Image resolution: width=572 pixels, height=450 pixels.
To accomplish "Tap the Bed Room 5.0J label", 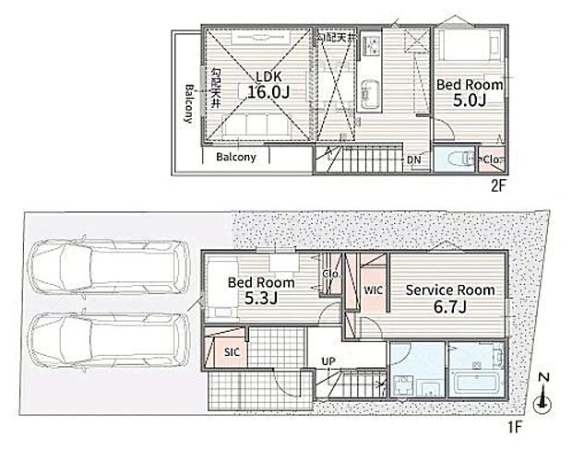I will point(469,92).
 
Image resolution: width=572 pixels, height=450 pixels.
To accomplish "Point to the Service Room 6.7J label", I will point(450,298).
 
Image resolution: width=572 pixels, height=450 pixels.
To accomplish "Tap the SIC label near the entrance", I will point(232,351).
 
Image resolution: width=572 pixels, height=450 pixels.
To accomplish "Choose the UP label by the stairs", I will point(328,361).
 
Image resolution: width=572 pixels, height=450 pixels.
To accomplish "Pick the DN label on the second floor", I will point(414,159).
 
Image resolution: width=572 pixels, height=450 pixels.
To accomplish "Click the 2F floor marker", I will point(497,184).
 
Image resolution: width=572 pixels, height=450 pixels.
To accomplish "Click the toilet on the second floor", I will point(453,159).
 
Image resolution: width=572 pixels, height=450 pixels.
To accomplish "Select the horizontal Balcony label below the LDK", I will point(236,158).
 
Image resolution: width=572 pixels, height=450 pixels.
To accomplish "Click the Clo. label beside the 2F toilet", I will point(491,160).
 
